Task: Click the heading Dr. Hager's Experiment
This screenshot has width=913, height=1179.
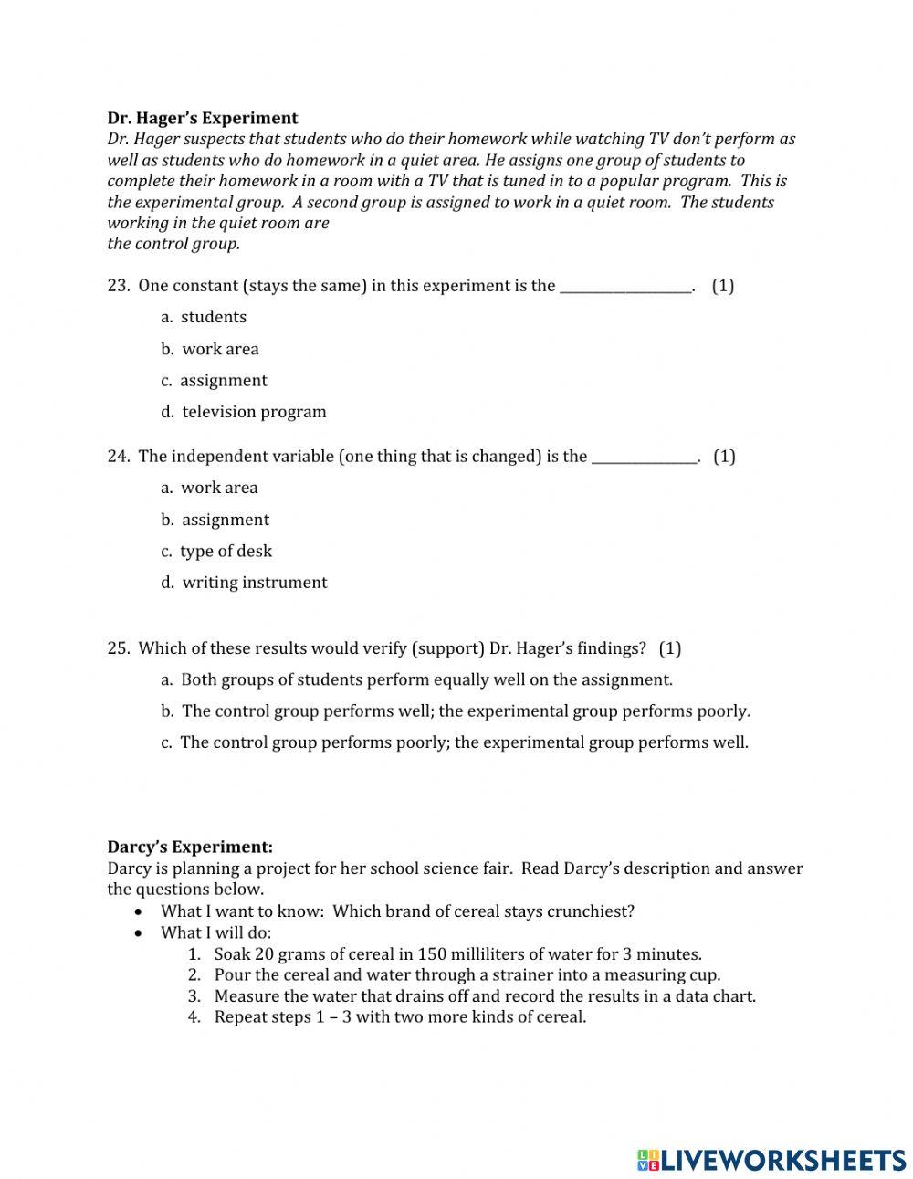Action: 203,118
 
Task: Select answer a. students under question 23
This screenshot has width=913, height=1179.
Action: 204,317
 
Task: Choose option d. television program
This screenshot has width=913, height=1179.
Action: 244,412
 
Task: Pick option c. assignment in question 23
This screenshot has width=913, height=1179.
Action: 215,380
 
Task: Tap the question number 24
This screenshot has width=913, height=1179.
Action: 118,457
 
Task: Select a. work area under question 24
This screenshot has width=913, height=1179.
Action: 209,488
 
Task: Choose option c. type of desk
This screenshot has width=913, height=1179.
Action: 216,551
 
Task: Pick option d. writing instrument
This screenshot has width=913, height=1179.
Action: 244,583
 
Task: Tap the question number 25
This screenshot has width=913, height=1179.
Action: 118,648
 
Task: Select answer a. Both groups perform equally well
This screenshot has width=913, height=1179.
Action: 416,679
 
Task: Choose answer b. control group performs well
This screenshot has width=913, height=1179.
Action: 456,711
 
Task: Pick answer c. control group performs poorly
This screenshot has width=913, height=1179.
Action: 455,742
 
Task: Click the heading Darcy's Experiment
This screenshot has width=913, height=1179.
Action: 190,847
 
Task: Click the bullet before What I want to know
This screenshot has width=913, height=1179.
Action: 138,912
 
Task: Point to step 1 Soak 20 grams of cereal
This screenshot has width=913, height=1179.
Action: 456,954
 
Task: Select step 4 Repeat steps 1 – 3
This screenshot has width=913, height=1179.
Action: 400,1016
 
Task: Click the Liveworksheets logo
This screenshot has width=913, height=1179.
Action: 771,1160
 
